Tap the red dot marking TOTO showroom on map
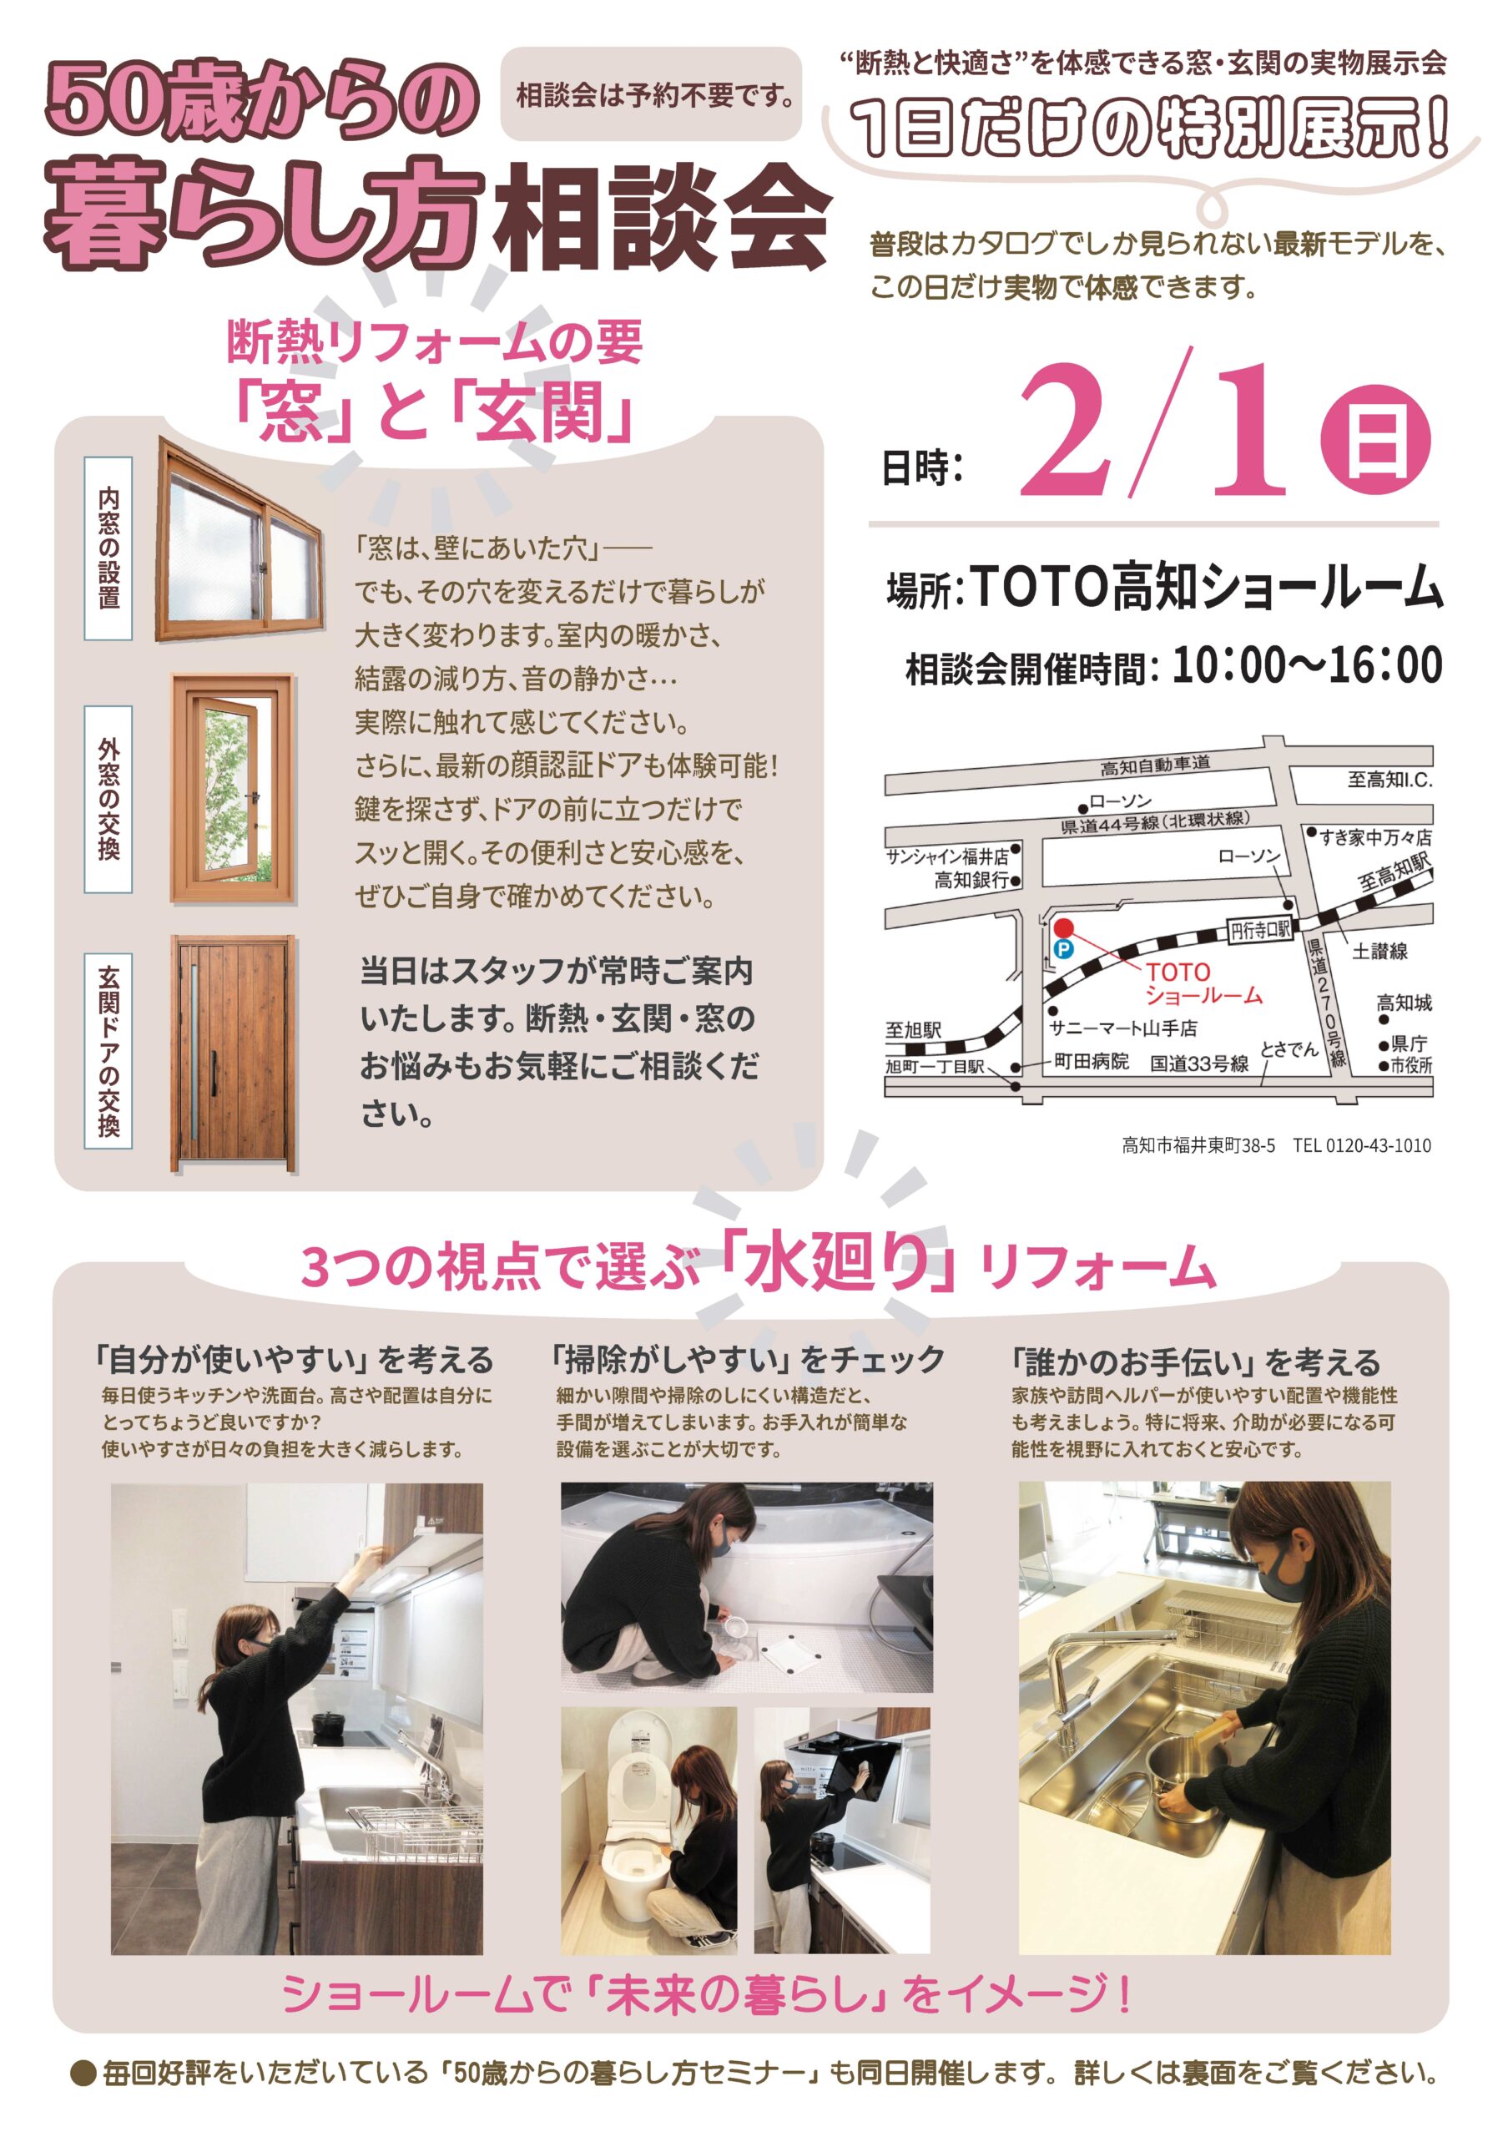click(1063, 927)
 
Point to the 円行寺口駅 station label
click(1260, 929)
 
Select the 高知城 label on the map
click(1404, 1003)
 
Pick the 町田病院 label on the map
click(1092, 1061)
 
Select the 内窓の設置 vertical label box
click(108, 548)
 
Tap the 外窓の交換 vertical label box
click(108, 800)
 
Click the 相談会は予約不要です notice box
click(651, 95)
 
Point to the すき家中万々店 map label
click(1376, 837)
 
